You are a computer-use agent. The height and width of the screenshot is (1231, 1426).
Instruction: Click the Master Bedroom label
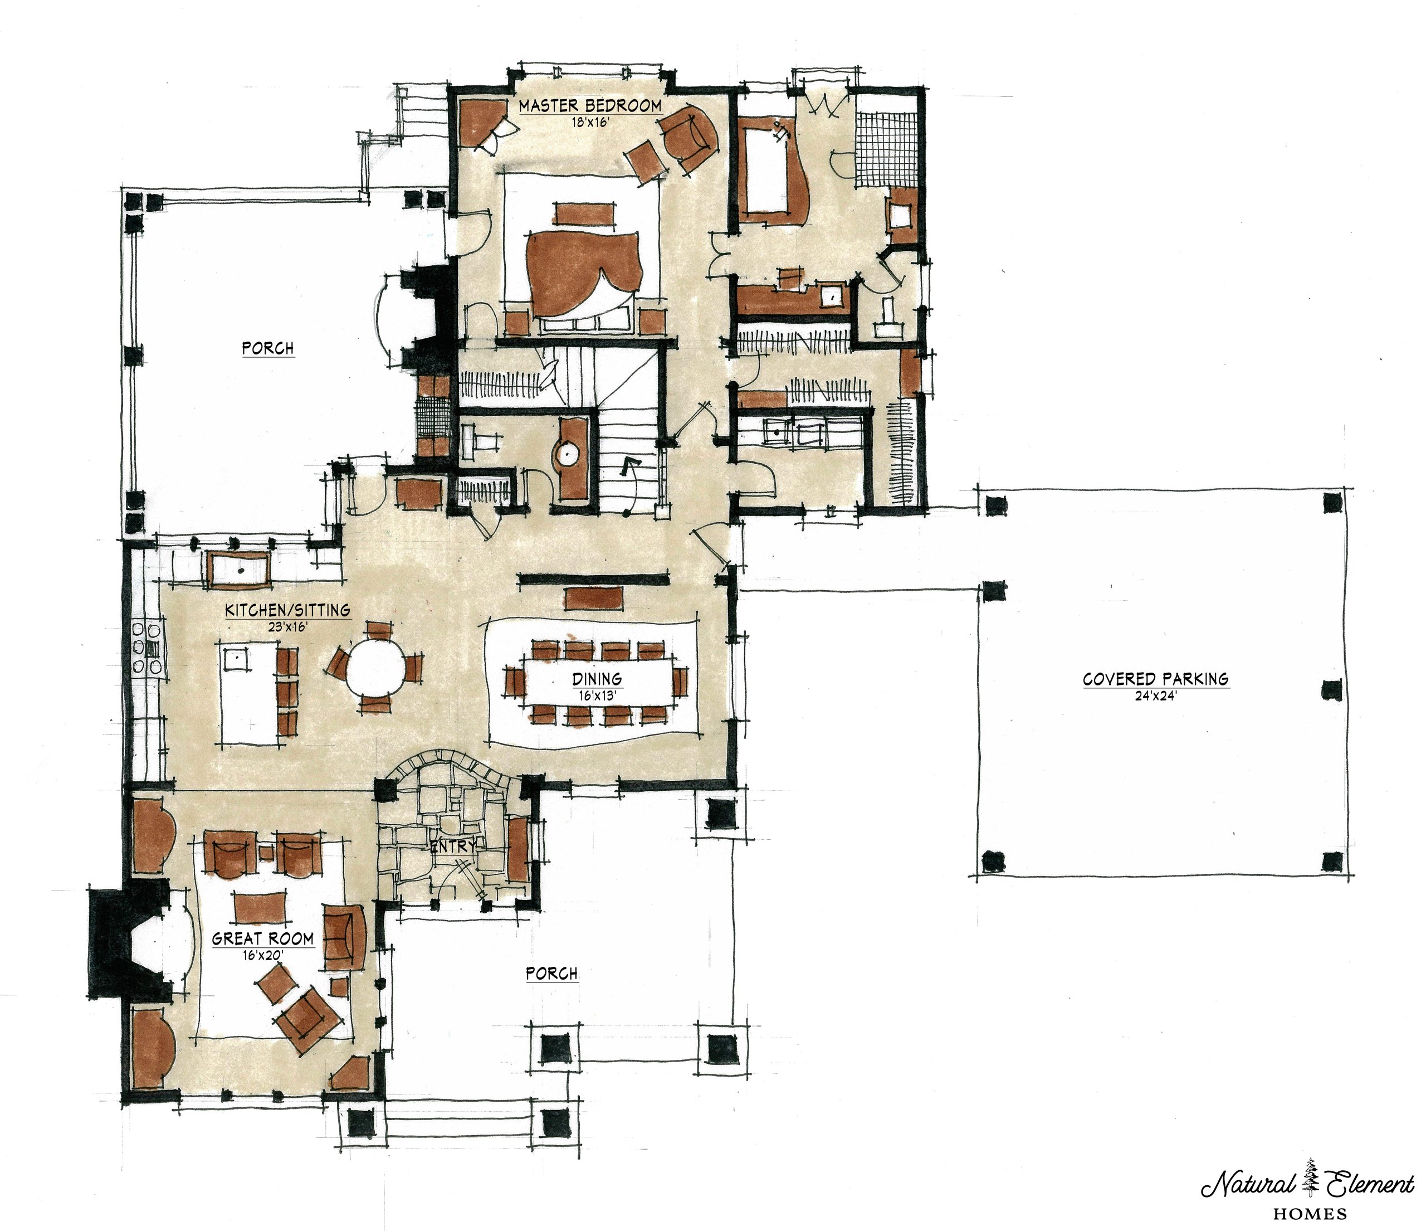(x=590, y=105)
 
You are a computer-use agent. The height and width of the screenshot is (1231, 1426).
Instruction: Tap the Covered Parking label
(x=1155, y=679)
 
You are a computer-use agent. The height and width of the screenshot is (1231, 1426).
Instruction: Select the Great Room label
(x=263, y=938)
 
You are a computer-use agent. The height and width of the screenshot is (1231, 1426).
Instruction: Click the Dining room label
(x=597, y=679)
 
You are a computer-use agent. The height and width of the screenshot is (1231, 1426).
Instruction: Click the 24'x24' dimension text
(x=1155, y=695)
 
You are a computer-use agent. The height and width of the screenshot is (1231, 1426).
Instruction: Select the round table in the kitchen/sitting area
(x=377, y=670)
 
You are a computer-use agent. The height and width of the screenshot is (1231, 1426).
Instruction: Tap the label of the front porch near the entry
(x=551, y=974)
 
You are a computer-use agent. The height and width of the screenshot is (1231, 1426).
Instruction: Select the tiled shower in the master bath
(x=888, y=148)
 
